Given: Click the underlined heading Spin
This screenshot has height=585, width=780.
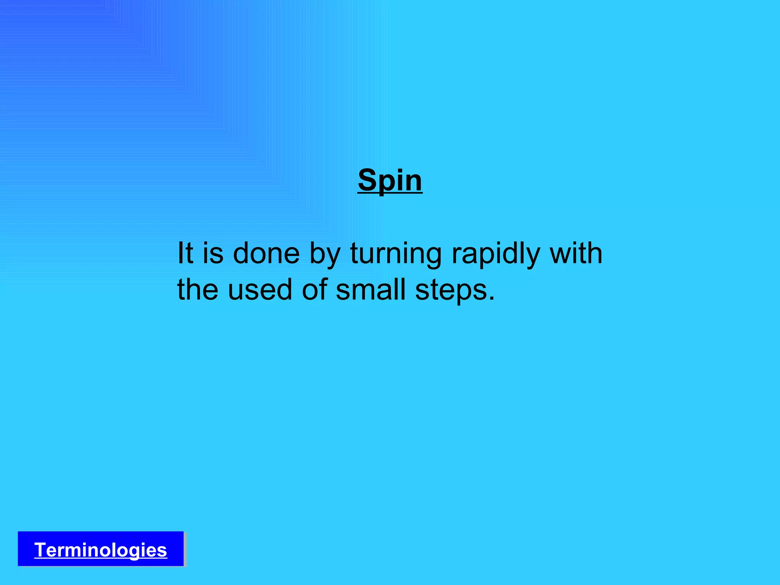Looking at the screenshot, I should pyautogui.click(x=390, y=181).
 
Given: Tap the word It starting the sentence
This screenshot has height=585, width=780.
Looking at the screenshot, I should pyautogui.click(x=185, y=253).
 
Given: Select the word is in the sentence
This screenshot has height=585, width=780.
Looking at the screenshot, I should pyautogui.click(x=213, y=253).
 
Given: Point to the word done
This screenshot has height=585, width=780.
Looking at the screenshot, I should pyautogui.click(x=266, y=253).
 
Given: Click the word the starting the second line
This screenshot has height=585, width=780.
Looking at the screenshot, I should pyautogui.click(x=197, y=289).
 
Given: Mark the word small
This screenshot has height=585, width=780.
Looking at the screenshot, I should pyautogui.click(x=371, y=289).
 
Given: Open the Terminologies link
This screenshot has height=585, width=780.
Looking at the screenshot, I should pyautogui.click(x=101, y=550).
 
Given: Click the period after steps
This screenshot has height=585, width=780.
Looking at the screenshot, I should pyautogui.click(x=492, y=298).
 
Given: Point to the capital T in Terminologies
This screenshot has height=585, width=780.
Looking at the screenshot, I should pyautogui.click(x=40, y=550).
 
